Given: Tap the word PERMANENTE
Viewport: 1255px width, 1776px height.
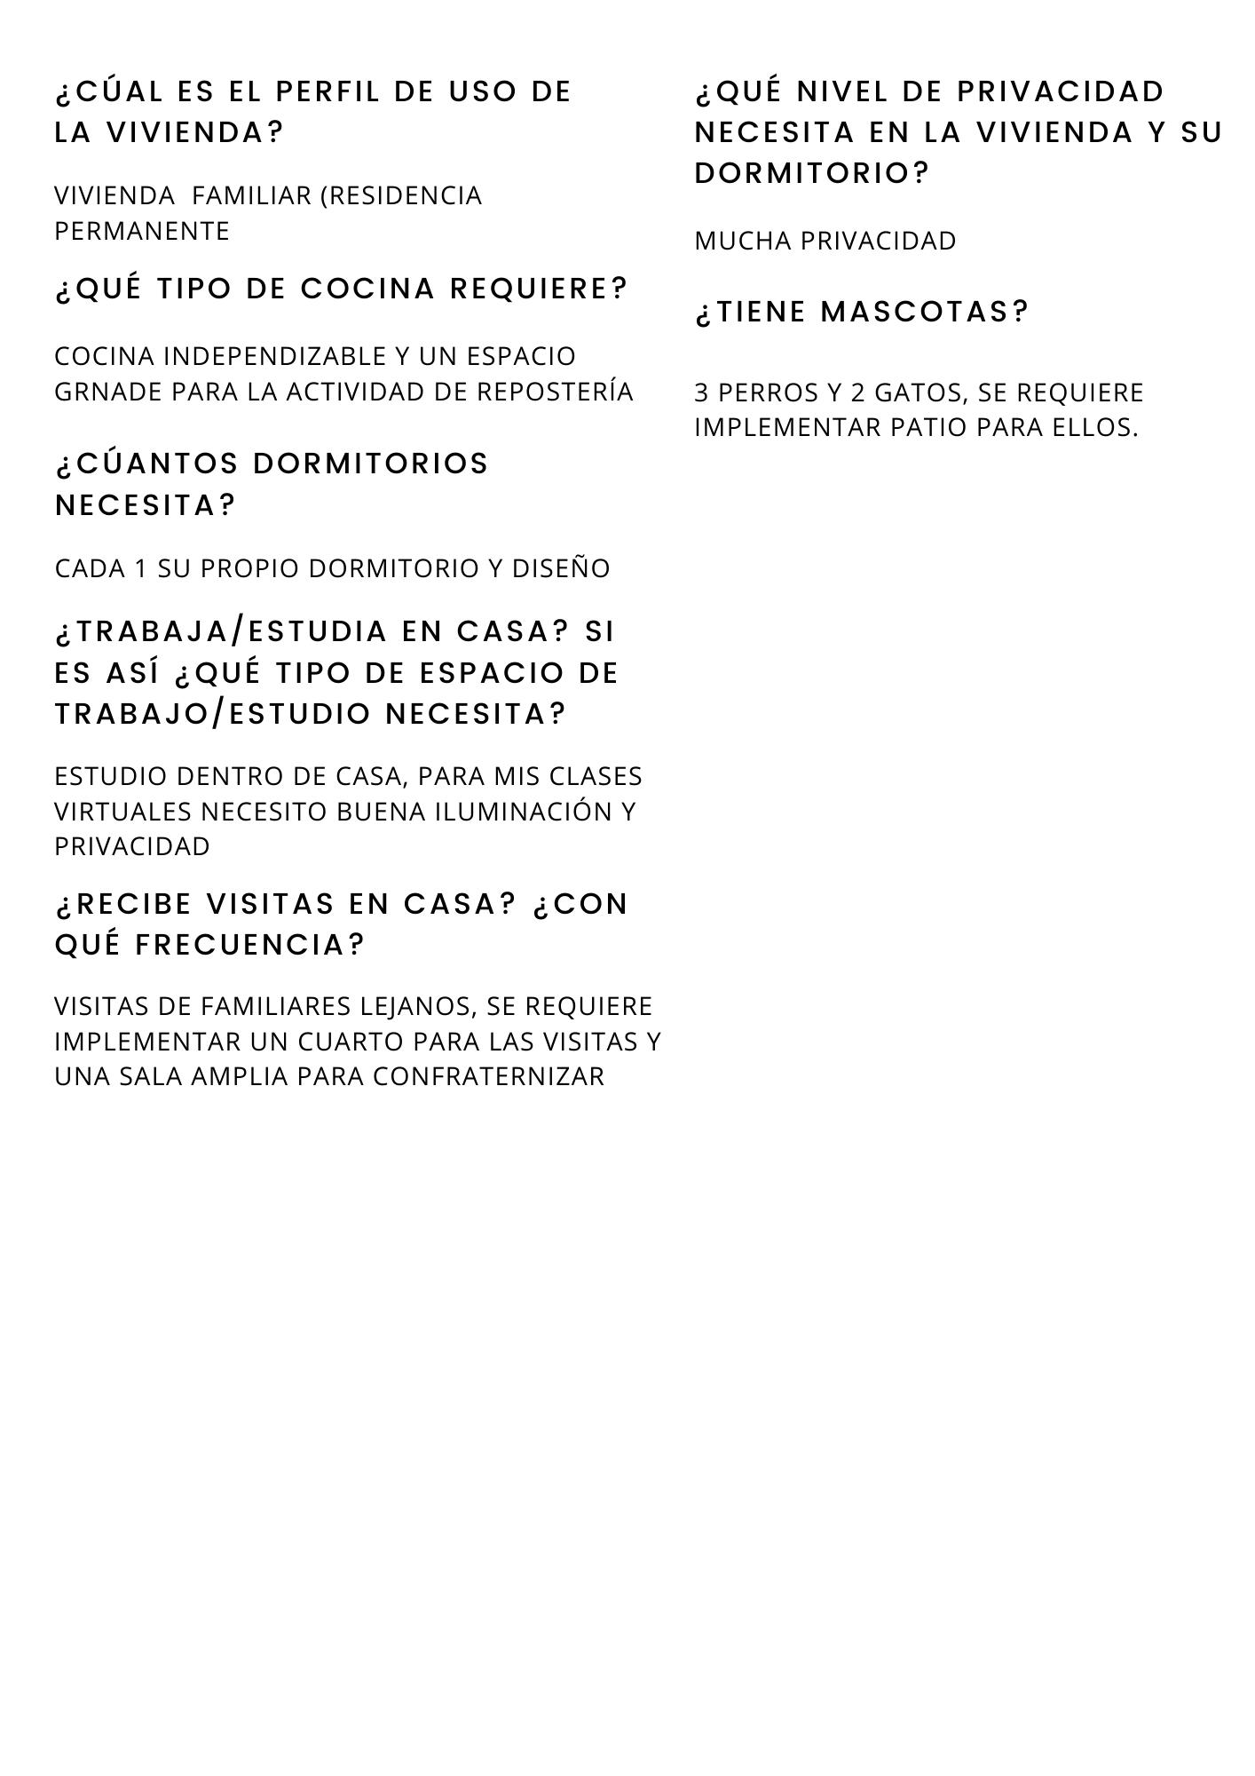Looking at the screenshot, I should [x=142, y=231].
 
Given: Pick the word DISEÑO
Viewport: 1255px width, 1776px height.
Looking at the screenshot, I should [x=561, y=568].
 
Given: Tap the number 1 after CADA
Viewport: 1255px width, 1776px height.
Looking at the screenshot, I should [x=140, y=568].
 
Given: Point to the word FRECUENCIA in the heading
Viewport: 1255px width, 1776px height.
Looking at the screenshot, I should [x=250, y=945].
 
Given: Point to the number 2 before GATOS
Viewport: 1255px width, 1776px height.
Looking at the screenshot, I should [x=858, y=392].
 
